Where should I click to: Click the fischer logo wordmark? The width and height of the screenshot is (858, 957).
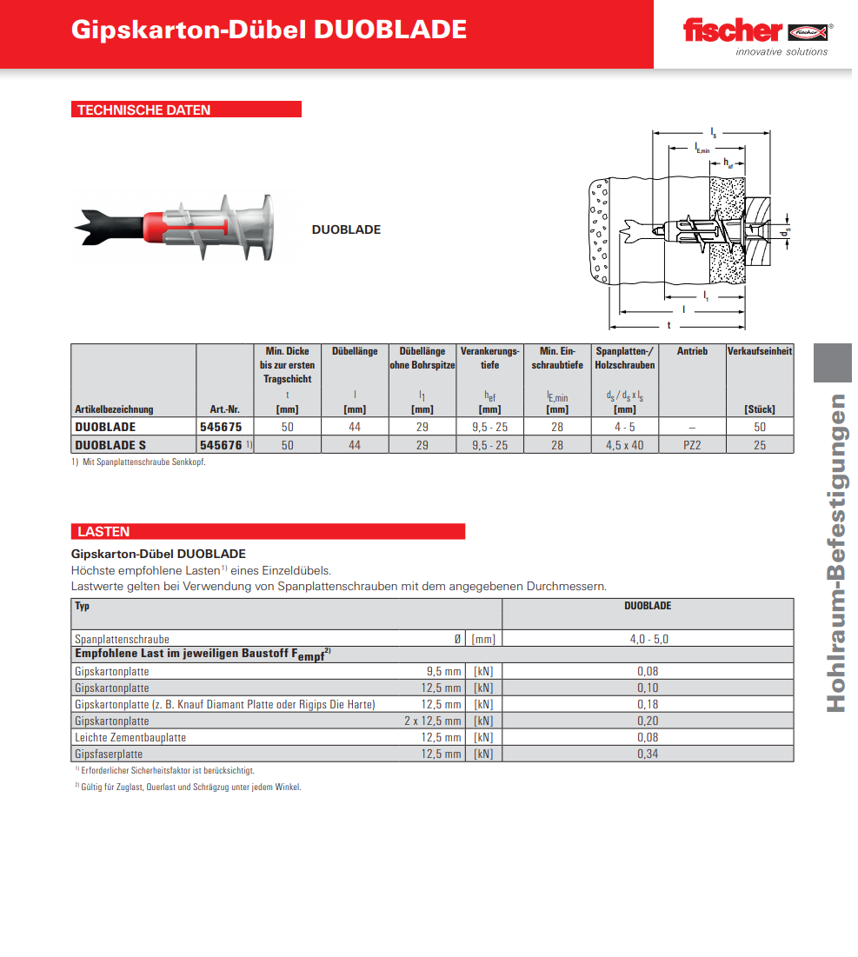click(732, 31)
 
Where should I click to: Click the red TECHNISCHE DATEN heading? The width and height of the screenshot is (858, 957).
click(144, 110)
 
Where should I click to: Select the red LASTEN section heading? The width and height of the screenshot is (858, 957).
click(103, 531)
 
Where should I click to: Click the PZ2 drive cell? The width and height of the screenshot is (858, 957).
click(692, 444)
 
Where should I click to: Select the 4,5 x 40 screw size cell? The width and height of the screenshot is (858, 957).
click(624, 444)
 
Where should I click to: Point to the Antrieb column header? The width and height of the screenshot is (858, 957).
click(692, 351)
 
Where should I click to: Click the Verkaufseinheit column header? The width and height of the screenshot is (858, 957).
click(760, 351)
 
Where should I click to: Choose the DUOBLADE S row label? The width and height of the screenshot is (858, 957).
click(110, 444)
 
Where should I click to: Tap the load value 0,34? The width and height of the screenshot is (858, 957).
click(648, 754)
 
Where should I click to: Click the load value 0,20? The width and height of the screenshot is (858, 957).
click(648, 721)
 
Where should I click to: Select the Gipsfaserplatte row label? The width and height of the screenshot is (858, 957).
click(109, 754)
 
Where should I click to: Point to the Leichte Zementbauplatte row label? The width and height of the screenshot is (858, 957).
click(130, 737)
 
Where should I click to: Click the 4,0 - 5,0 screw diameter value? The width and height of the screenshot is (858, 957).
click(648, 639)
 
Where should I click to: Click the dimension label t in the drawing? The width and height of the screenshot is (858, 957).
click(668, 324)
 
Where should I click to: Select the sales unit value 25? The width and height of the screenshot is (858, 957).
click(760, 444)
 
